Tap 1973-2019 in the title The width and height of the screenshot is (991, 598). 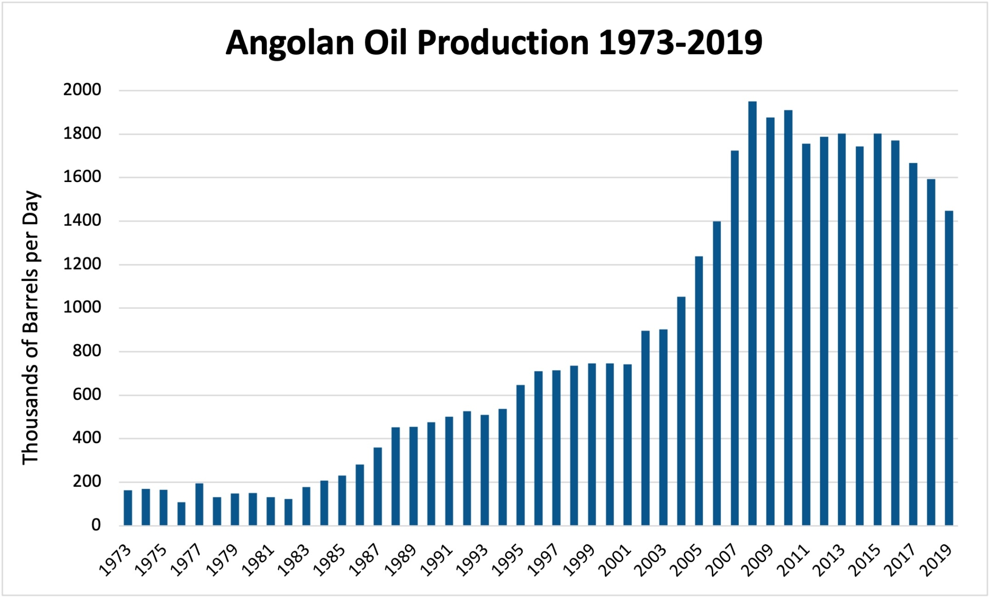click(680, 43)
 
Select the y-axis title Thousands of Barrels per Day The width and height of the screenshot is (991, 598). click(30, 327)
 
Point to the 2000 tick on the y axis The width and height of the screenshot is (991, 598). click(82, 90)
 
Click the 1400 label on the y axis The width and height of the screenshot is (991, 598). click(82, 221)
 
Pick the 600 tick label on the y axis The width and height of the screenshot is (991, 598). click(87, 395)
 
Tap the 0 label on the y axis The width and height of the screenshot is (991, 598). click(96, 525)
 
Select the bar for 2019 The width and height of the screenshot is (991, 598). click(949, 368)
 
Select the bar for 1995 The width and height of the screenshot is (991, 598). click(520, 455)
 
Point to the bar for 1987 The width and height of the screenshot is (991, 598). click(377, 486)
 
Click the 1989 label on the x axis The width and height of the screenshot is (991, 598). click(402, 560)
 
